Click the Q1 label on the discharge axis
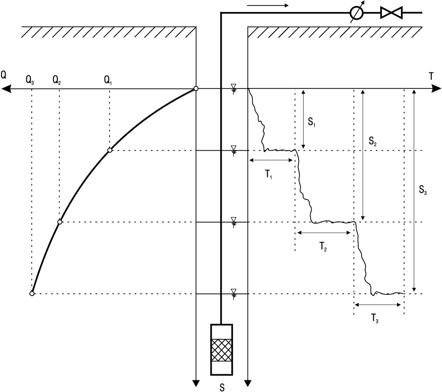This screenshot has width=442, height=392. pyautogui.click(x=108, y=81)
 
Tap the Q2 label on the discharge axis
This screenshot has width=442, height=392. pyautogui.click(x=57, y=81)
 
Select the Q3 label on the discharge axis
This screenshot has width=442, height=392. pyautogui.click(x=30, y=81)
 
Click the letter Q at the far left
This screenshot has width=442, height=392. pyautogui.click(x=4, y=75)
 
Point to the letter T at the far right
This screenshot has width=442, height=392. pyautogui.click(x=431, y=76)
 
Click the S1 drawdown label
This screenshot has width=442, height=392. pyautogui.click(x=312, y=122)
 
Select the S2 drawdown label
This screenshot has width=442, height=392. pyautogui.click(x=373, y=141)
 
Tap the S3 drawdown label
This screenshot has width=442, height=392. pyautogui.click(x=423, y=190)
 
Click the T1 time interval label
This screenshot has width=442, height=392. pyautogui.click(x=269, y=175)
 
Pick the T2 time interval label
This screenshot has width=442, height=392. pyautogui.click(x=323, y=247)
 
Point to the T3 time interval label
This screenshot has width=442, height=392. pyautogui.click(x=375, y=319)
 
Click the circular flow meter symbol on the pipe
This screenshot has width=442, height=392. pyautogui.click(x=357, y=13)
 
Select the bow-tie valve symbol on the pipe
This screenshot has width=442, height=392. pyautogui.click(x=391, y=13)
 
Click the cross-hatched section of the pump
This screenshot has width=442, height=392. pyautogui.click(x=222, y=350)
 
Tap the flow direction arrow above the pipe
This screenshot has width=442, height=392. pyautogui.click(x=268, y=5)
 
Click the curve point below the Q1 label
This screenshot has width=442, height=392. pyautogui.click(x=110, y=150)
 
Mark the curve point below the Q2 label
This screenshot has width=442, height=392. pyautogui.click(x=60, y=222)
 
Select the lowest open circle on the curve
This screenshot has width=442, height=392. pyautogui.click(x=32, y=294)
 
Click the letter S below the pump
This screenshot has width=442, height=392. pyautogui.click(x=222, y=388)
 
